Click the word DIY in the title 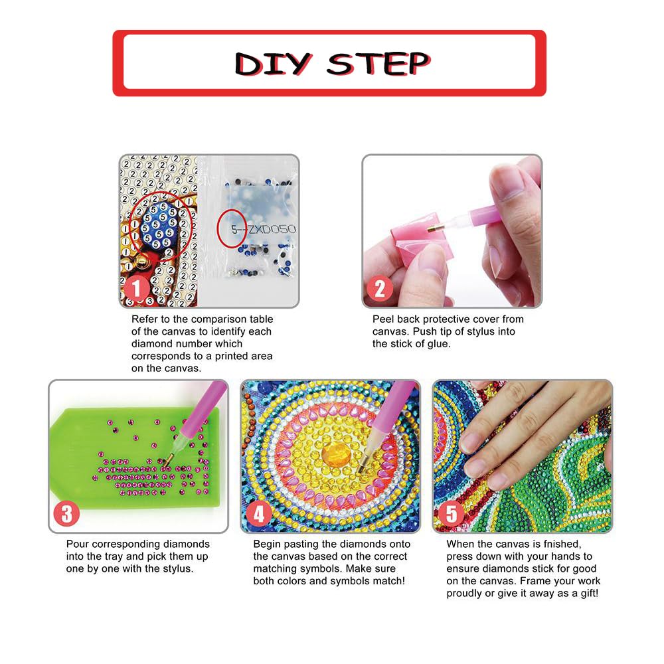click(x=274, y=64)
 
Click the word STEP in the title click(x=378, y=64)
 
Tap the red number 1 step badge click(x=136, y=290)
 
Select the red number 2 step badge click(x=379, y=290)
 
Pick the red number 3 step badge click(x=66, y=514)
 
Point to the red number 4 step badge click(x=259, y=514)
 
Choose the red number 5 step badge click(x=452, y=514)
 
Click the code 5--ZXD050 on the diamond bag click(x=264, y=230)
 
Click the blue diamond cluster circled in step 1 click(x=157, y=226)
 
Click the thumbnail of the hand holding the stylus click(x=452, y=231)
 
